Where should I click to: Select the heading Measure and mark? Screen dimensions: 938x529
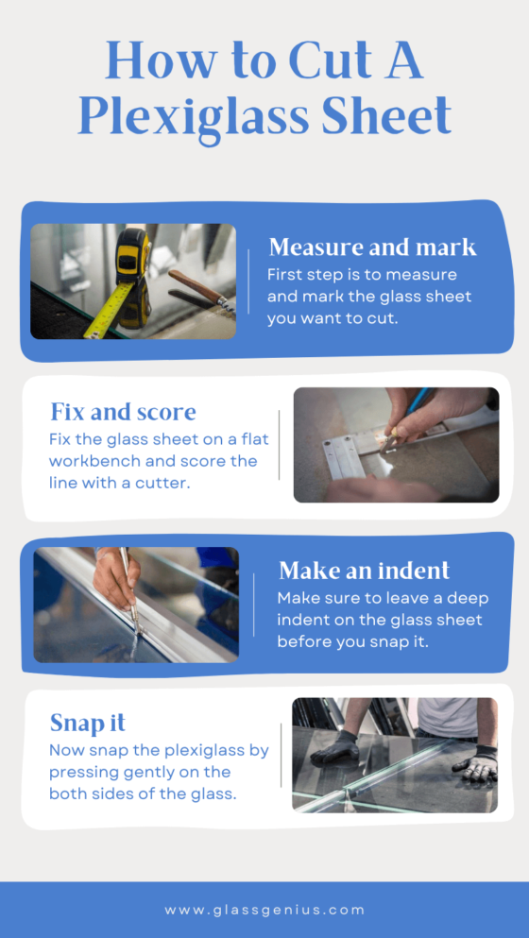pyautogui.click(x=372, y=247)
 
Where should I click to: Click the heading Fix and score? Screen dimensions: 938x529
pyautogui.click(x=123, y=412)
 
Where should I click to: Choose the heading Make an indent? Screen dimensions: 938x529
pyautogui.click(x=364, y=571)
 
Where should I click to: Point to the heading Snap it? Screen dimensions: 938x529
pyautogui.click(x=87, y=724)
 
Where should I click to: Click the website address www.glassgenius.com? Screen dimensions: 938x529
pyautogui.click(x=264, y=910)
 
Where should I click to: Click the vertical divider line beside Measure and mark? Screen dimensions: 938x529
pyautogui.click(x=248, y=281)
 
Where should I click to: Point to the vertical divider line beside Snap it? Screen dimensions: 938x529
pyautogui.click(x=281, y=755)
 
